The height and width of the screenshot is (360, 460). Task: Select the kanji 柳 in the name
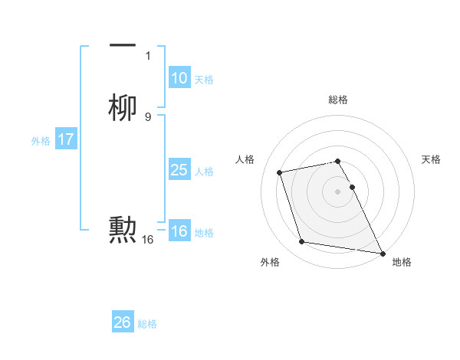click(x=123, y=107)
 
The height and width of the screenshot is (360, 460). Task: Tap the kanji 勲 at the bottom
click(x=123, y=230)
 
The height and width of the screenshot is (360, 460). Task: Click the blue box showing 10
click(x=179, y=78)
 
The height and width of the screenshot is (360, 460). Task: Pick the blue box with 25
click(x=179, y=170)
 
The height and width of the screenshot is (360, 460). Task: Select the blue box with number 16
click(x=179, y=231)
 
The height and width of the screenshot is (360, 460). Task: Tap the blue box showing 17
click(x=66, y=139)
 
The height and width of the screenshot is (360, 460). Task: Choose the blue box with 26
click(x=123, y=322)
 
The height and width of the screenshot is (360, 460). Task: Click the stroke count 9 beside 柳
click(x=148, y=116)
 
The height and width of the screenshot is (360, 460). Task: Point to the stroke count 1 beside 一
click(x=148, y=56)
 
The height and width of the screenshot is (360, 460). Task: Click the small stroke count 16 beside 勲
click(x=148, y=240)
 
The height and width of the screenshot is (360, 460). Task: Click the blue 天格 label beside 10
click(x=204, y=80)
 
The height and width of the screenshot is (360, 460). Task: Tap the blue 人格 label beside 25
click(x=204, y=172)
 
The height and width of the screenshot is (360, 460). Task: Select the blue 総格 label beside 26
click(x=147, y=324)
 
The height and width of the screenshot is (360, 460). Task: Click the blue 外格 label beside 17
click(x=41, y=141)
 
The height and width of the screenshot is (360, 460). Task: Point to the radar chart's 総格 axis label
click(x=338, y=100)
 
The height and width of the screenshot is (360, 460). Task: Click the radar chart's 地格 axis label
click(x=402, y=262)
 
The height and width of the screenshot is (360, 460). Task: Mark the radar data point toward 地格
click(x=382, y=252)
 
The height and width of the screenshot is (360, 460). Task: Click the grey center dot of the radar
click(x=338, y=191)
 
